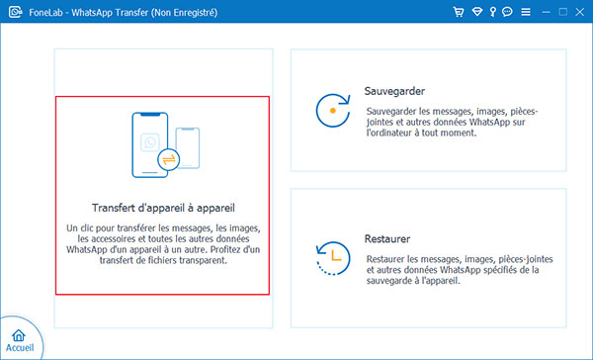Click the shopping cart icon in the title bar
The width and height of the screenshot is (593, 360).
(x=458, y=13)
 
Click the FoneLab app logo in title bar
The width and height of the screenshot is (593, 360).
(x=13, y=13)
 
